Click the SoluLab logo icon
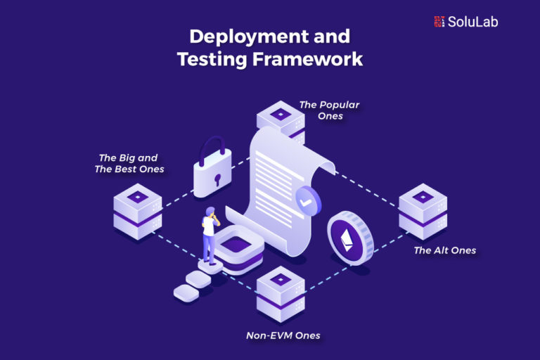439,21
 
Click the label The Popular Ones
329,110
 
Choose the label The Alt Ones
444,250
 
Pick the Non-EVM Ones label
283,335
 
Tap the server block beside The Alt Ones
423,211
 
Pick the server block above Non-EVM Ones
281,293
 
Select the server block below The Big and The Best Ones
138,211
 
